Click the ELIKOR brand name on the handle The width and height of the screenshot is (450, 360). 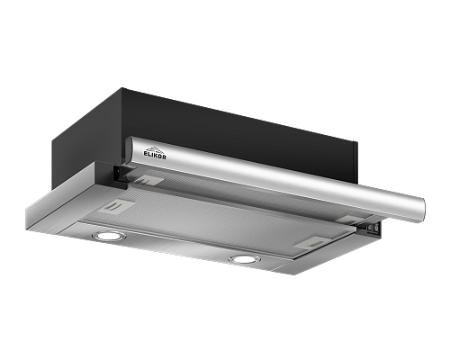[x=155, y=156]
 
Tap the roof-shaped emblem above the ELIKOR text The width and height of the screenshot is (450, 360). [x=154, y=149]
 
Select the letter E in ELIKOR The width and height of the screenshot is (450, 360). [x=146, y=153]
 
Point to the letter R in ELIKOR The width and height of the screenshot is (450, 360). [x=164, y=157]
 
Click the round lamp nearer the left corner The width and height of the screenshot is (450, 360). [x=105, y=236]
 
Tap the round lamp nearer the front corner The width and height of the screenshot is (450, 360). [x=244, y=258]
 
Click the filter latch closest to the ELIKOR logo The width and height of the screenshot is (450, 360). [x=148, y=180]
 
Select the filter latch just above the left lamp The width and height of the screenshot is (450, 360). [x=117, y=206]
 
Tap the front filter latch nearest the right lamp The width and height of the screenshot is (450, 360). [x=310, y=242]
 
